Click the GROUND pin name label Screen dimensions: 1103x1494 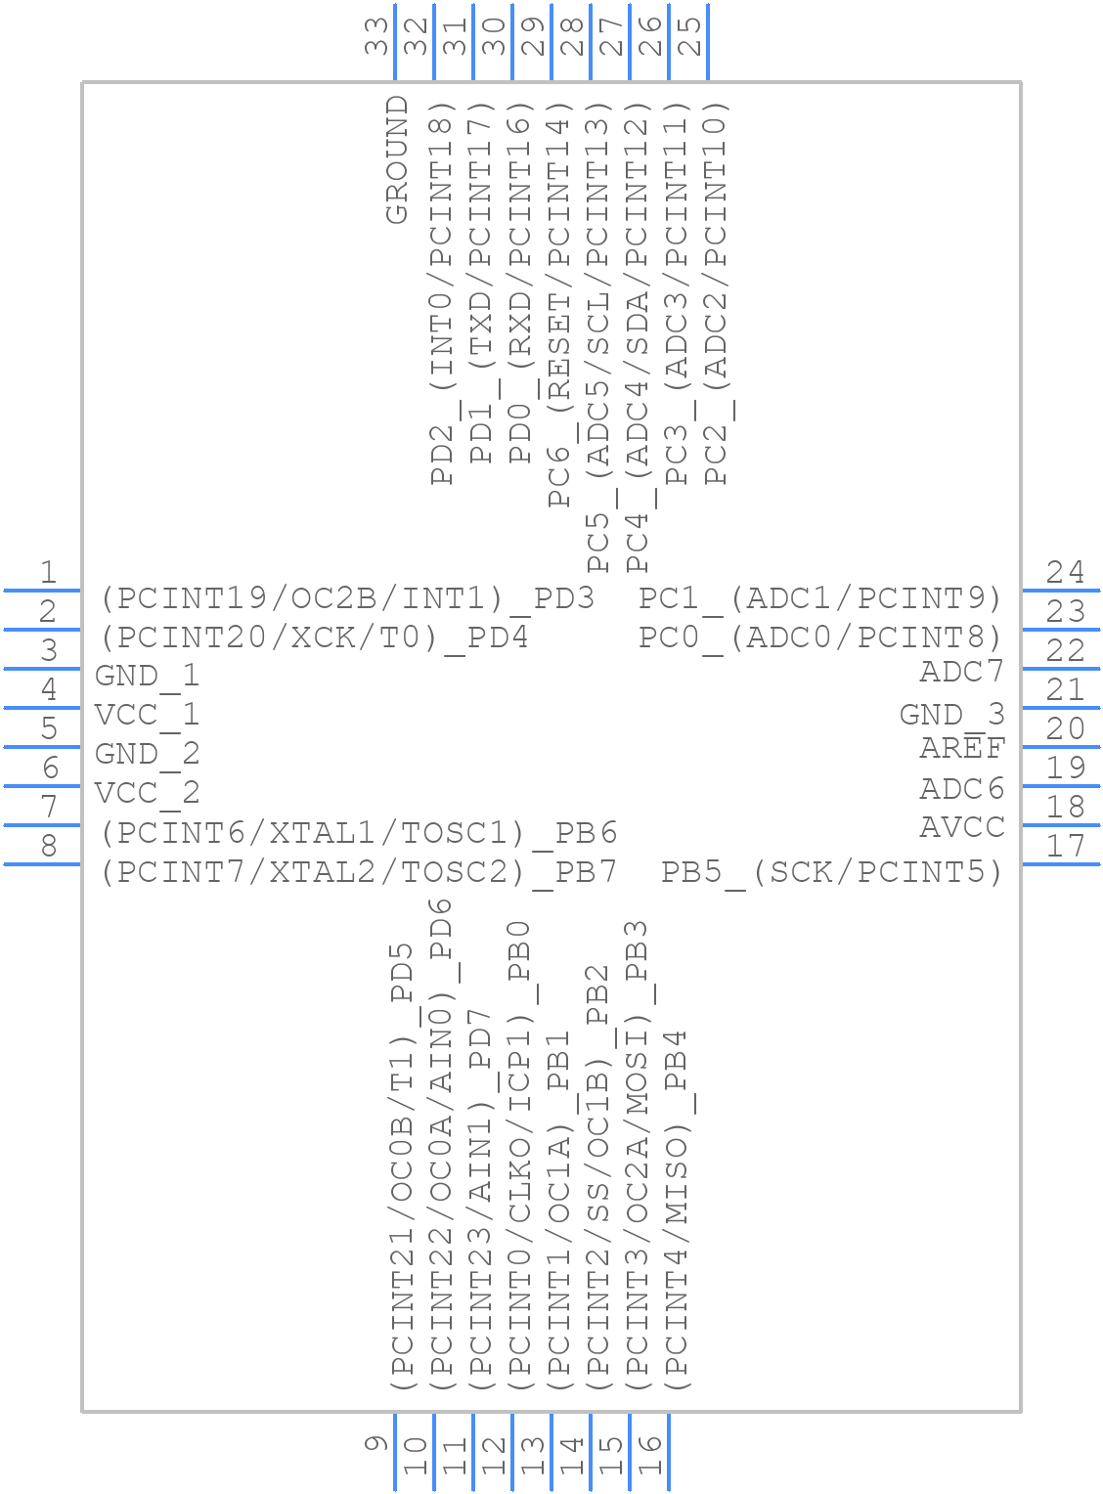pos(397,159)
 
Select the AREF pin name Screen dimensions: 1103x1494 pos(962,748)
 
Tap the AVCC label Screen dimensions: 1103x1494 pos(962,827)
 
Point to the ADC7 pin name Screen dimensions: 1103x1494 pos(962,671)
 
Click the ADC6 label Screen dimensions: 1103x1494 pos(962,788)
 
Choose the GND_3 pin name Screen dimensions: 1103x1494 pos(952,714)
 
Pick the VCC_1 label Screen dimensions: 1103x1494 pos(147,715)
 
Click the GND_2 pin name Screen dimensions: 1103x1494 pos(147,754)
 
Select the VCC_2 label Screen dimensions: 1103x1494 pos(147,793)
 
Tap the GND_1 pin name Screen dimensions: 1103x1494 pos(147,676)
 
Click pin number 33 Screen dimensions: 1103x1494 pos(376,36)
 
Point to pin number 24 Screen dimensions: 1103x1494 pos(1065,572)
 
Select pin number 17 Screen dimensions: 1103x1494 pos(1065,846)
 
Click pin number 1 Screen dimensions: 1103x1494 pos(48,572)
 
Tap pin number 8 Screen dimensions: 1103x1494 pos(49,846)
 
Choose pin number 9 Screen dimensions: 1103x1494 pos(376,1443)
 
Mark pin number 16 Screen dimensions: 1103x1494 pos(650,1454)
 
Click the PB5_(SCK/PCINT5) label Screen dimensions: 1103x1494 pos(832,873)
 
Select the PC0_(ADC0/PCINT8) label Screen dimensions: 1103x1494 pos(821,637)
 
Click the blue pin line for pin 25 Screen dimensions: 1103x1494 pos(708,42)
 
